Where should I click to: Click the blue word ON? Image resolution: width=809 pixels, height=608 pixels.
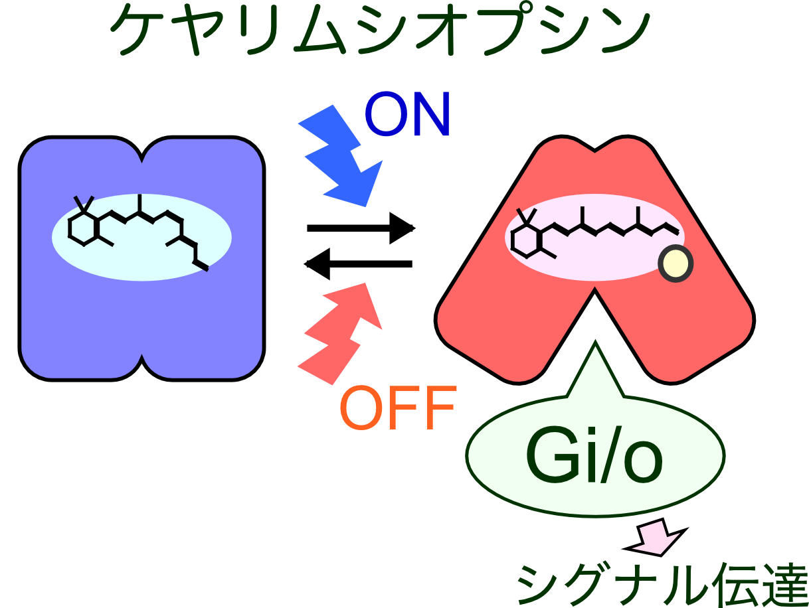click(x=407, y=114)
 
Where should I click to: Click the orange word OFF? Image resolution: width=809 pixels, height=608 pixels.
click(x=397, y=408)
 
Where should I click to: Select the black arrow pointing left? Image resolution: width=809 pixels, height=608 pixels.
click(x=359, y=264)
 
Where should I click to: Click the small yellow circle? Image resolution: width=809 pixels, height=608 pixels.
click(x=675, y=264)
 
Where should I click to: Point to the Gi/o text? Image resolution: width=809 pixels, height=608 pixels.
click(x=594, y=458)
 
